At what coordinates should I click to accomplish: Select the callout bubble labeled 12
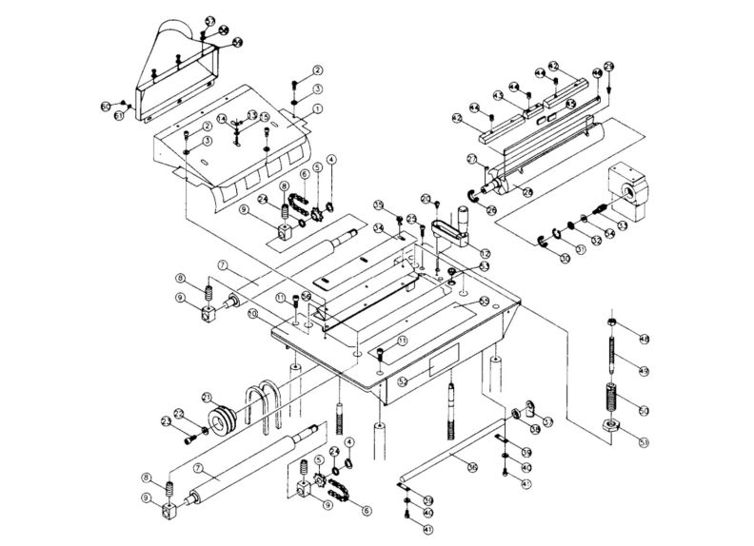tap(485, 253)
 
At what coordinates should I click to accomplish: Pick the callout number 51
tap(644, 441)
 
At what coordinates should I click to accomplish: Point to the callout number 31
tap(581, 250)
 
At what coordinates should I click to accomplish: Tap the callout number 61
tap(120, 115)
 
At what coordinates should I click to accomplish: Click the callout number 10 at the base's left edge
tap(253, 313)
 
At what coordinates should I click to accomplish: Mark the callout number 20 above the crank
tap(427, 199)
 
